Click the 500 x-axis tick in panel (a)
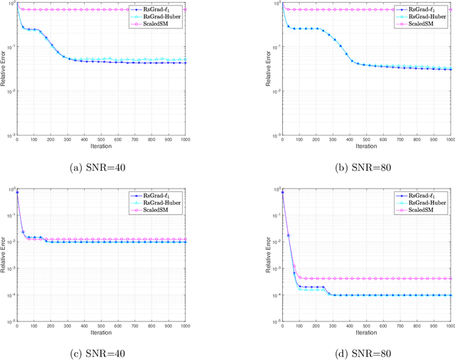[x=101, y=139]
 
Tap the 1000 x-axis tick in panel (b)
[x=451, y=139]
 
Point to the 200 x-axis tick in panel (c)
[x=50, y=325]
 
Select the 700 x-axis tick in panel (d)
[x=400, y=325]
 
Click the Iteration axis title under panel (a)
[x=101, y=147]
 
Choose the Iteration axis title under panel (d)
[x=367, y=332]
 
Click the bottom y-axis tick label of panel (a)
[x=10, y=135]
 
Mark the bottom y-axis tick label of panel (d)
[x=276, y=321]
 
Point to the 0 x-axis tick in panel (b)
[x=283, y=139]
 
